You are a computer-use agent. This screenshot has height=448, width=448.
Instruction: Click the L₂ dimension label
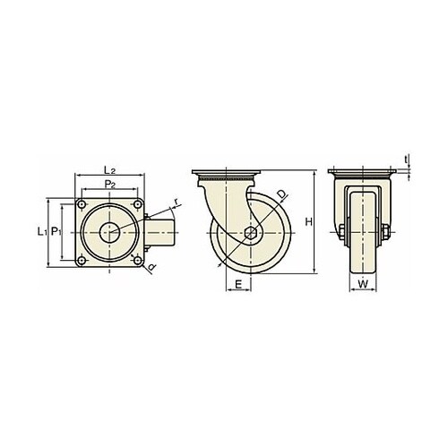[109, 170]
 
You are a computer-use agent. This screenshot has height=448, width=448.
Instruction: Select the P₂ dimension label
[110, 185]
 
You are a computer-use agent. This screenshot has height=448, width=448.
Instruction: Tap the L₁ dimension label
[41, 231]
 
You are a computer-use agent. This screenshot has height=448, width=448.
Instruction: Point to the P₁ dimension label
[56, 231]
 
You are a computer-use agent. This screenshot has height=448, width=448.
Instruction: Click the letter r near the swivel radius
[177, 202]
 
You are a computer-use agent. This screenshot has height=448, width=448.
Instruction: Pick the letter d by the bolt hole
[152, 267]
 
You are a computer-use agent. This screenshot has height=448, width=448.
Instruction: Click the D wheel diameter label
[282, 194]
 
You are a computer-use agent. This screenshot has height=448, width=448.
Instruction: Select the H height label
[308, 222]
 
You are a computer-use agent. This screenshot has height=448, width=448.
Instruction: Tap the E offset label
[238, 284]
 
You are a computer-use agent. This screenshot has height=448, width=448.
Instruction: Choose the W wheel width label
[363, 284]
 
